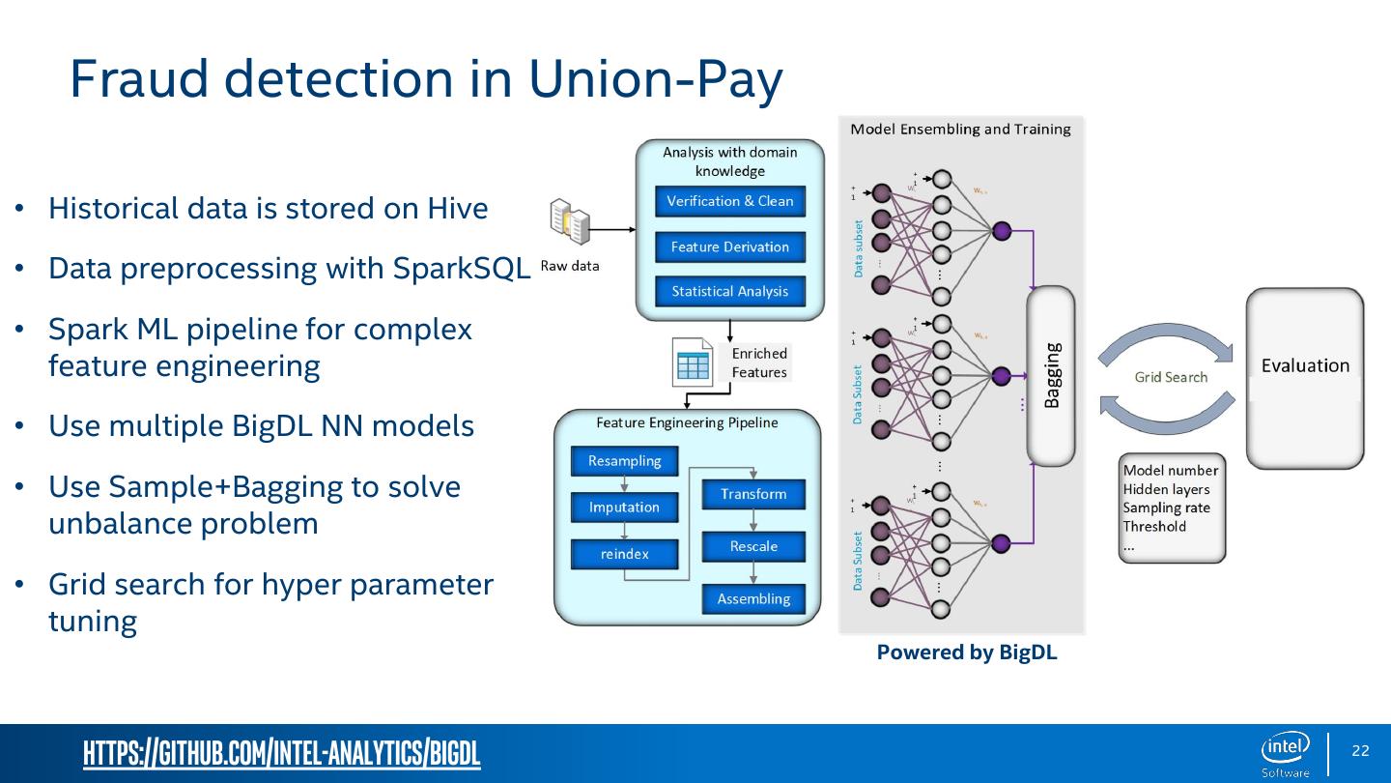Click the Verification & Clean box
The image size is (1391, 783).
pos(729,201)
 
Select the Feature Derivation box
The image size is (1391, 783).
pos(729,246)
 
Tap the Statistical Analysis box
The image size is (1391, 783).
pos(729,291)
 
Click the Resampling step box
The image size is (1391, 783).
pos(624,461)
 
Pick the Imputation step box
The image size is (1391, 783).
pos(624,507)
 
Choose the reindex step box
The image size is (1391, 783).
pos(624,554)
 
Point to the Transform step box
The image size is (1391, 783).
pos(753,494)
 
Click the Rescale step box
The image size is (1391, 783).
pos(753,546)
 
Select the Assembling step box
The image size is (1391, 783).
pos(753,598)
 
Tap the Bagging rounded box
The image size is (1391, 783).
pos(1051,375)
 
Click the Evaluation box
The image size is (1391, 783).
pos(1305,377)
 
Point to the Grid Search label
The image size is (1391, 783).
pos(1171,377)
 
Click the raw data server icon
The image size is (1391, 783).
pos(569,224)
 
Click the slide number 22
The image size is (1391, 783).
pos(1360,751)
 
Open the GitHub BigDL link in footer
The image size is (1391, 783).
pos(282,753)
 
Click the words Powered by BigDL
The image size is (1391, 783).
pos(967,652)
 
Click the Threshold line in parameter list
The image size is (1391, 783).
pos(1154,527)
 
